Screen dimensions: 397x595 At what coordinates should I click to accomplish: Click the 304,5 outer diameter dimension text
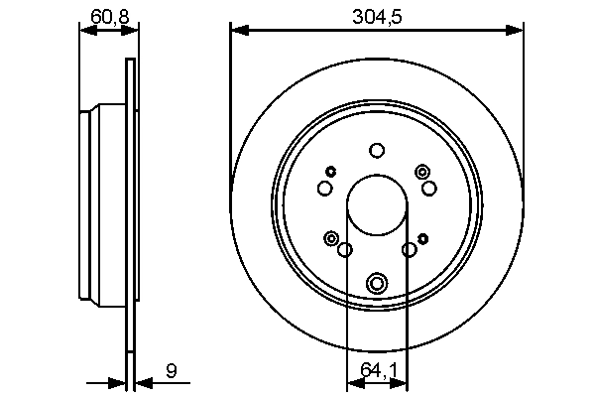[376, 15]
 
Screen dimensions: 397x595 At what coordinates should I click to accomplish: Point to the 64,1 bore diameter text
[376, 370]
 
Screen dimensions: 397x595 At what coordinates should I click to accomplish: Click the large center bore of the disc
[376, 204]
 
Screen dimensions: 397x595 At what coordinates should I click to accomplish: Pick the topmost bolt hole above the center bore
[376, 151]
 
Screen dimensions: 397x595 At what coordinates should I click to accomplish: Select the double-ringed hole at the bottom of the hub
[376, 284]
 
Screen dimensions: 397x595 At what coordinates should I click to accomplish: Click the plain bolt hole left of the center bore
[324, 189]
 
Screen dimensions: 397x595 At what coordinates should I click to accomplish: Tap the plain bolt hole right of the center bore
[428, 189]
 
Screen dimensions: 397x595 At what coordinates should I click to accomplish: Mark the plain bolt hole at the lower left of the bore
[344, 250]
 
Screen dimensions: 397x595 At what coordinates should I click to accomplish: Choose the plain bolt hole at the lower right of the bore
[409, 250]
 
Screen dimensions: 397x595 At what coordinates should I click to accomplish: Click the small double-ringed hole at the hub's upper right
[422, 172]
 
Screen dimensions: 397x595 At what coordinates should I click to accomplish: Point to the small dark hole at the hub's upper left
[330, 172]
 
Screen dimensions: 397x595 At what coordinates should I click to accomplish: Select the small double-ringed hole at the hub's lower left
[330, 237]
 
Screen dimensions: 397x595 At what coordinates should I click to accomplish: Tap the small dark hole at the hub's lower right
[422, 237]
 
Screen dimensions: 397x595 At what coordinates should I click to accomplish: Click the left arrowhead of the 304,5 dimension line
[236, 30]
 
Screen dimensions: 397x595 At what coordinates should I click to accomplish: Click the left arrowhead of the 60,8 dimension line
[84, 30]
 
